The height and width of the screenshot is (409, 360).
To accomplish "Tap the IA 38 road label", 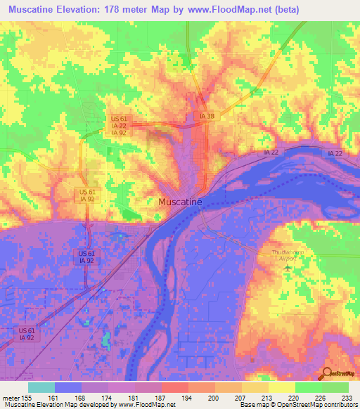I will (x=207, y=116).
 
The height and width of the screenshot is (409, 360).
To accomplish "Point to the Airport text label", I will (x=283, y=259).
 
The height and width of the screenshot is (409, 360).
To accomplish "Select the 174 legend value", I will (x=107, y=397).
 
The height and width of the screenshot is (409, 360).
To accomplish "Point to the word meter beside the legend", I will (x=12, y=397).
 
